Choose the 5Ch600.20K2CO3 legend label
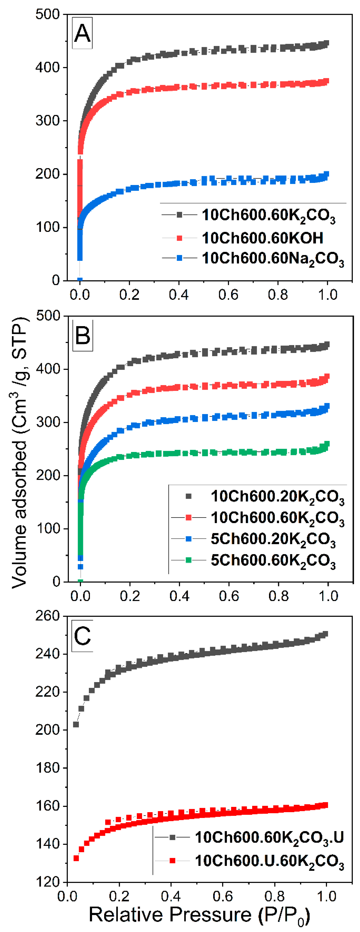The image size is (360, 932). pos(273,539)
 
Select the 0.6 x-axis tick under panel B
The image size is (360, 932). pos(229,596)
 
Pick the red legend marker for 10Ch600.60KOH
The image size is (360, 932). pos(179,238)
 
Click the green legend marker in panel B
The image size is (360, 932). pos(188,560)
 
